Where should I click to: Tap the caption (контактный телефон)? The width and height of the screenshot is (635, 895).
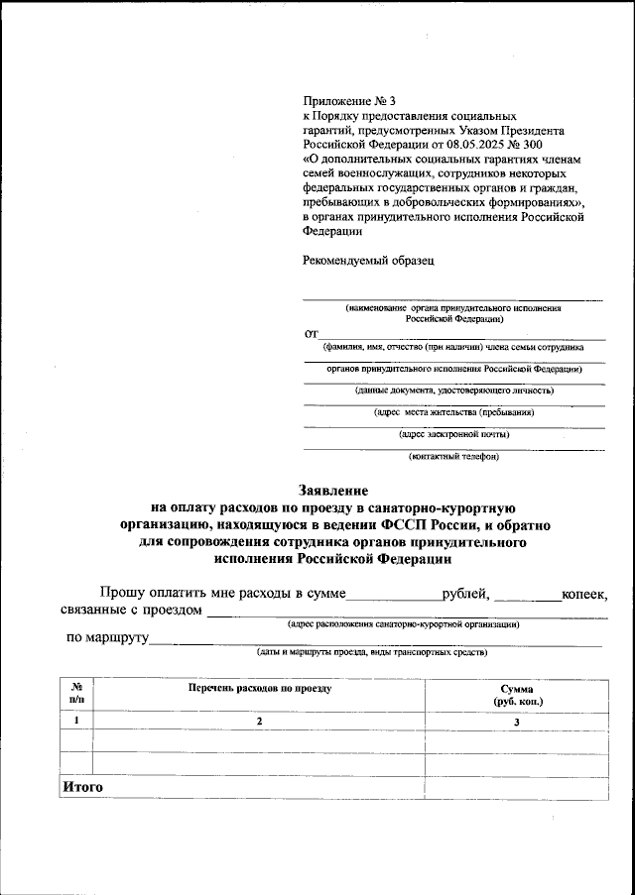pos(454,456)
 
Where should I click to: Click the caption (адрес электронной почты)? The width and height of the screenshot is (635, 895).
pos(454,433)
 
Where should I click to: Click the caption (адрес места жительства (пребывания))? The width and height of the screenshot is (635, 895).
pos(454,411)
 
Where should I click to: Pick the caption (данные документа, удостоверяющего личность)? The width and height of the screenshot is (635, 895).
pos(454,390)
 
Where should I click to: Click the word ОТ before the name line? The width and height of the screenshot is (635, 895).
pos(311,335)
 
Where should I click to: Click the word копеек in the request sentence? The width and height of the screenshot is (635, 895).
pos(584,594)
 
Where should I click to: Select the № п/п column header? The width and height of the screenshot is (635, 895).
pos(76,694)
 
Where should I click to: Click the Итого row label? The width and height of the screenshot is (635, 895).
pos(82,787)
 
